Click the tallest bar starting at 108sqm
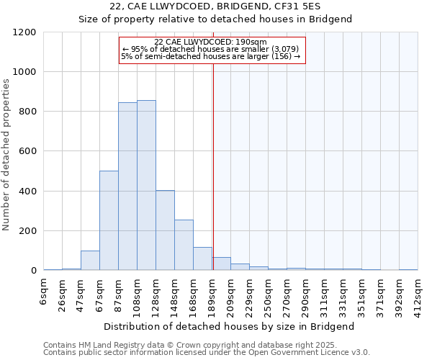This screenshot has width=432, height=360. click(146, 186)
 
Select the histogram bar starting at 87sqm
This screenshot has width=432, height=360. click(127, 186)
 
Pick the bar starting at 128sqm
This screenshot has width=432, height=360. click(165, 230)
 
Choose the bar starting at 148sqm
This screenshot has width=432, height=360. click(184, 245)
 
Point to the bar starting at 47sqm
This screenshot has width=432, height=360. click(90, 261)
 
